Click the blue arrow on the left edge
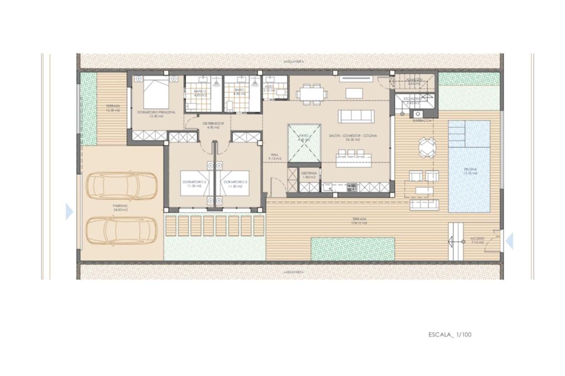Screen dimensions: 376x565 [69, 212]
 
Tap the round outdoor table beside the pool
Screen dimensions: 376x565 [426, 147]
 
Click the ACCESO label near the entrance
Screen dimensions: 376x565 [478, 240]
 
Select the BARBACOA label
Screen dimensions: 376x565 [422, 120]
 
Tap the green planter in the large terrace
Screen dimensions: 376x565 [353, 248]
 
